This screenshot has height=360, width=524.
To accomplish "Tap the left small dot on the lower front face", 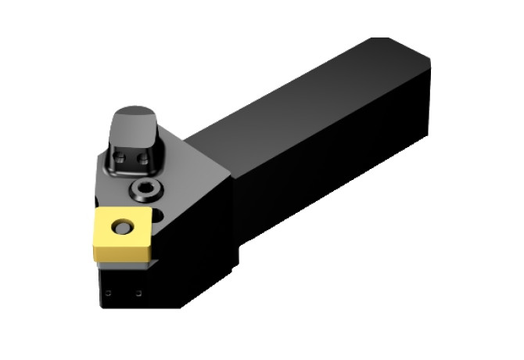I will tap(109, 293).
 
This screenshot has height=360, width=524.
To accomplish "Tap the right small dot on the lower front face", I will tap(138, 293).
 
